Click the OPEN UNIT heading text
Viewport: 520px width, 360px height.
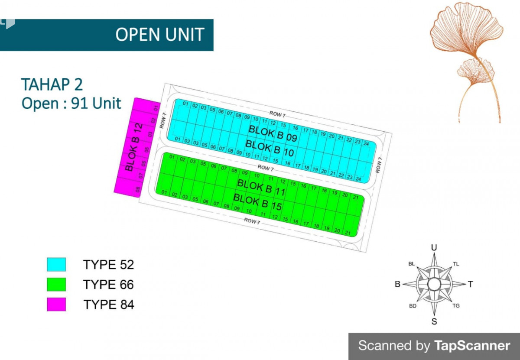click(x=159, y=35)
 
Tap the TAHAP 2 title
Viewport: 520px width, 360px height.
click(x=52, y=84)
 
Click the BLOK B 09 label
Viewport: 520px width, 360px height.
click(x=273, y=134)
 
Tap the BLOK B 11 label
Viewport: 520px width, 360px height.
click(x=261, y=187)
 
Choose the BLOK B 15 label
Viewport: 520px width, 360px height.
click(x=257, y=202)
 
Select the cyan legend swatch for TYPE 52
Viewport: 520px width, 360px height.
click(x=56, y=264)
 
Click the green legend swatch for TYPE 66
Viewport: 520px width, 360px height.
click(x=56, y=285)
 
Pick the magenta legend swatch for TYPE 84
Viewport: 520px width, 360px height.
click(x=56, y=305)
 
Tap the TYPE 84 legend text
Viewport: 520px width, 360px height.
click(x=109, y=305)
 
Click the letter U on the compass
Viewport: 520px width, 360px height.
click(x=434, y=247)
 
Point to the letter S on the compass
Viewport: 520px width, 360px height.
click(x=434, y=321)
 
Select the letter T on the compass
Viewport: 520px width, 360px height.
click(x=470, y=284)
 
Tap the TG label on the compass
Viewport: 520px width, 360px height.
click(x=456, y=306)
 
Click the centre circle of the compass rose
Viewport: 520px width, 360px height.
click(x=434, y=284)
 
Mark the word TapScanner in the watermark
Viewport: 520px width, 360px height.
click(x=472, y=346)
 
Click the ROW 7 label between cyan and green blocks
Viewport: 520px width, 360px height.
click(x=266, y=168)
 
